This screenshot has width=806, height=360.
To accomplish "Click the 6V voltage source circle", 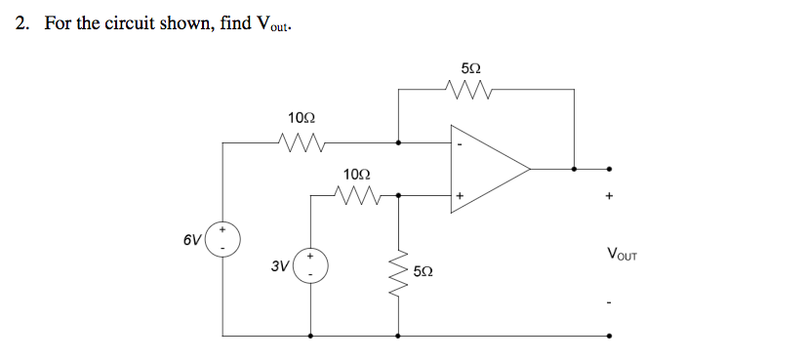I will click(x=223, y=239).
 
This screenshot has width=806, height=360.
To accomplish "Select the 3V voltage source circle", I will click(x=311, y=264).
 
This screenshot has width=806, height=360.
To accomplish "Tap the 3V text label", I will click(x=280, y=265).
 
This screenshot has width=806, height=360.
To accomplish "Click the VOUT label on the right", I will click(x=622, y=257).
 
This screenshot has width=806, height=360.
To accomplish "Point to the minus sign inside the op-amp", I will click(x=460, y=145).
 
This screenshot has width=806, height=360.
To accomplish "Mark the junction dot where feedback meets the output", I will click(x=575, y=168).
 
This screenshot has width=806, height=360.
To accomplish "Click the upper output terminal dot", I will click(x=610, y=168).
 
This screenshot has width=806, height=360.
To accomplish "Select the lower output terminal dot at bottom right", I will click(x=610, y=336).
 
